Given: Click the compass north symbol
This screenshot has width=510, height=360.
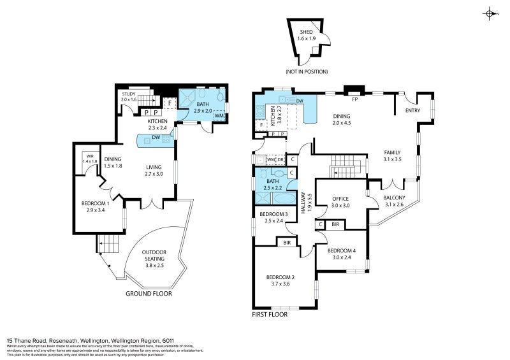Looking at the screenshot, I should coord(490,13).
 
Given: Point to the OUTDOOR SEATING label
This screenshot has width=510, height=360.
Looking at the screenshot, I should coord(154,255).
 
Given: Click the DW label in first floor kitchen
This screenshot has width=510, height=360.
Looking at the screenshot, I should coord(299,101).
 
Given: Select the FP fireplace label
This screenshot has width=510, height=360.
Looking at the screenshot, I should coord(354,100).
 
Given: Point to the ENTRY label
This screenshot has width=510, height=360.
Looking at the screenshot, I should coord(414,111).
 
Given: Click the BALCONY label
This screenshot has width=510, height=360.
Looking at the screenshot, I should coord(394,198).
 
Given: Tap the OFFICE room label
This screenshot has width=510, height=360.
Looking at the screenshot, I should coord(340,199).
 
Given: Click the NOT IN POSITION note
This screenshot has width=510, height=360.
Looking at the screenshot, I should coord(307,71).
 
